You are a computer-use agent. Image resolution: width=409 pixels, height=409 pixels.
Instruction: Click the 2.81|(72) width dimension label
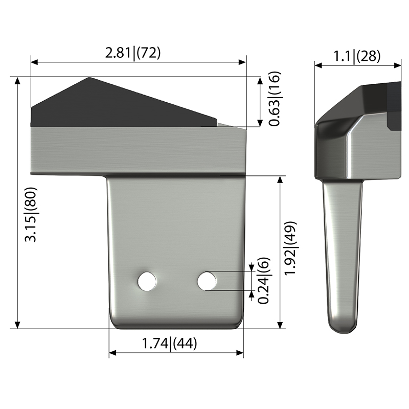[x=133, y=53]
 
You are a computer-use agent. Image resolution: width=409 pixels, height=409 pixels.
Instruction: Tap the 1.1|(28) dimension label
[x=357, y=56]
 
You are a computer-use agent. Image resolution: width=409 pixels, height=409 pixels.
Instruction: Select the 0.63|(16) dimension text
[x=275, y=99]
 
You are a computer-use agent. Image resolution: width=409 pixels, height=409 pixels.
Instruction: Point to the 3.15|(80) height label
[x=31, y=214]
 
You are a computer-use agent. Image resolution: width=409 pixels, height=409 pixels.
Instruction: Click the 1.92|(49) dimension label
[x=290, y=248]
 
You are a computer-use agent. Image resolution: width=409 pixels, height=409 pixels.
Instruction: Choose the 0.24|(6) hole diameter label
[x=263, y=281]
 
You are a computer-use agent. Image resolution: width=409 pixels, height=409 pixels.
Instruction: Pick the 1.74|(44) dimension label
[x=170, y=343]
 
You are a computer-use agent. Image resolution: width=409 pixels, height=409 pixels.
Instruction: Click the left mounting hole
[x=147, y=282]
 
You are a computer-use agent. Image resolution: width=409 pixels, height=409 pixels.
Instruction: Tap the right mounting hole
[x=207, y=281]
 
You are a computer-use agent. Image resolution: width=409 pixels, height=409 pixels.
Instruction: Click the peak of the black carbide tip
[x=89, y=77]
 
